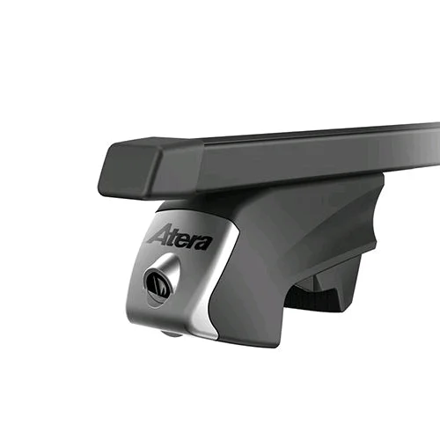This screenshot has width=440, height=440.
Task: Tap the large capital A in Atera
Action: point(161,234)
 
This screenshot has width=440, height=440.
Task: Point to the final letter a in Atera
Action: point(205,244)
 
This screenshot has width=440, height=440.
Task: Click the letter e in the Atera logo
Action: point(184,240)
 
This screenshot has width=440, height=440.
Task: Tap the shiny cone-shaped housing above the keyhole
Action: point(169,266)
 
